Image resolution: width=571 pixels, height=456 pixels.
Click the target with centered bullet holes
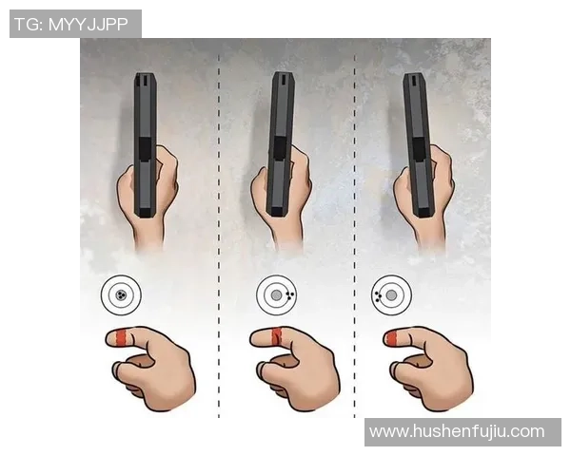(121, 295)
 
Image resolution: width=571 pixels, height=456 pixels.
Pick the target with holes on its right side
(276, 295)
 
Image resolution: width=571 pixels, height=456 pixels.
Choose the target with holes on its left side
(390, 295)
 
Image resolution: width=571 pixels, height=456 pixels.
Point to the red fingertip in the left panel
(121, 337)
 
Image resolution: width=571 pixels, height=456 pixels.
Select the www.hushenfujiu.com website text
(457, 431)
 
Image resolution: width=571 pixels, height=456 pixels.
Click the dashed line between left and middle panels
(220, 237)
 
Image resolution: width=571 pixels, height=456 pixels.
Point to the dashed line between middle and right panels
(355, 237)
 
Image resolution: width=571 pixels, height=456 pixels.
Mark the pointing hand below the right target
(433, 366)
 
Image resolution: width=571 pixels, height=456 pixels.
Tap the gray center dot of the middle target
(276, 295)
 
